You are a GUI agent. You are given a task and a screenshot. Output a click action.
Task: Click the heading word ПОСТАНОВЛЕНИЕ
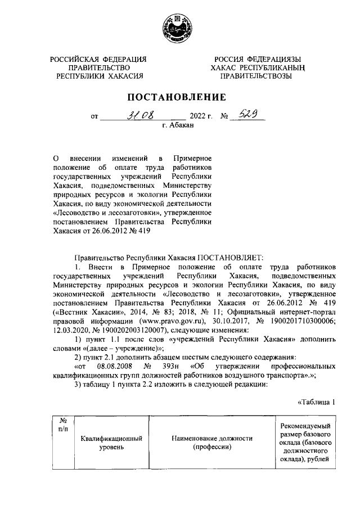pyautogui.click(x=179, y=97)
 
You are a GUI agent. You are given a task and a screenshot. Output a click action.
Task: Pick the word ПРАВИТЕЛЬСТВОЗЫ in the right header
pyautogui.click(x=255, y=76)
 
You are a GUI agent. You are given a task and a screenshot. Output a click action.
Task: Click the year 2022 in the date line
pyautogui.click(x=200, y=118)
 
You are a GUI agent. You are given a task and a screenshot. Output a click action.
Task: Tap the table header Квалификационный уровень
pyautogui.click(x=110, y=443)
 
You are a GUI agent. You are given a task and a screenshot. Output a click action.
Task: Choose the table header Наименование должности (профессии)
pyautogui.click(x=211, y=443)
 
